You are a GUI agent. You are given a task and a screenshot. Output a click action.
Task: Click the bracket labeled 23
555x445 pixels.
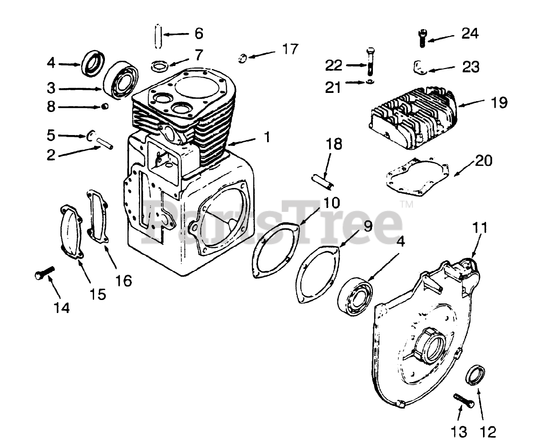(418, 67)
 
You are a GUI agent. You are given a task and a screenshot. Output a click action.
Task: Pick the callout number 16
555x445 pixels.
(124, 281)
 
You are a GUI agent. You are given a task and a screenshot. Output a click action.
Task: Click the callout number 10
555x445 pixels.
(331, 202)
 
